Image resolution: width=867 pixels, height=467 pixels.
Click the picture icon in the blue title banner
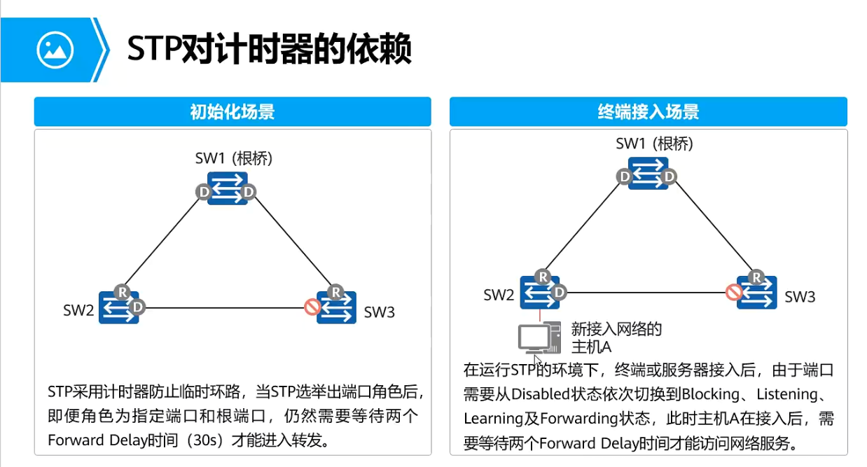tap(55, 50)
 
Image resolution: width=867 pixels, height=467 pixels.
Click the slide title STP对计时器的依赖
tap(270, 50)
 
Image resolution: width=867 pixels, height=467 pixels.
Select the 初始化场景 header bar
tap(233, 112)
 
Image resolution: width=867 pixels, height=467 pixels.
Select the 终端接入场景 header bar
tap(648, 112)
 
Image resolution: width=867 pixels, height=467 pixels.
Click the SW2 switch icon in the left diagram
tap(118, 307)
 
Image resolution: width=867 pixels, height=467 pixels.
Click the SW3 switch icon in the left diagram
tap(337, 307)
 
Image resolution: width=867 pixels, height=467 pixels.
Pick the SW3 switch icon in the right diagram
tap(757, 292)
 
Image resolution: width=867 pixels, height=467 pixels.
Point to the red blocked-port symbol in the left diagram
tap(313, 307)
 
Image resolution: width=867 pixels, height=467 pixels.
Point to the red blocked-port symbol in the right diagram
tap(734, 291)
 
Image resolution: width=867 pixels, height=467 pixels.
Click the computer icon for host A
tap(539, 338)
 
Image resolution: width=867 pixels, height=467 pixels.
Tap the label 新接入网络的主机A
tap(616, 338)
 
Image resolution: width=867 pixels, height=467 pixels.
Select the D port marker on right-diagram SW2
tap(559, 291)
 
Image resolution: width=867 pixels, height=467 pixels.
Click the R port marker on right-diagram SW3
tap(756, 277)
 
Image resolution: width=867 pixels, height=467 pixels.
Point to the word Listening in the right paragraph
tap(790, 395)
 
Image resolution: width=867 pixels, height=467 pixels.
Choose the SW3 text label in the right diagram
tap(800, 297)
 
